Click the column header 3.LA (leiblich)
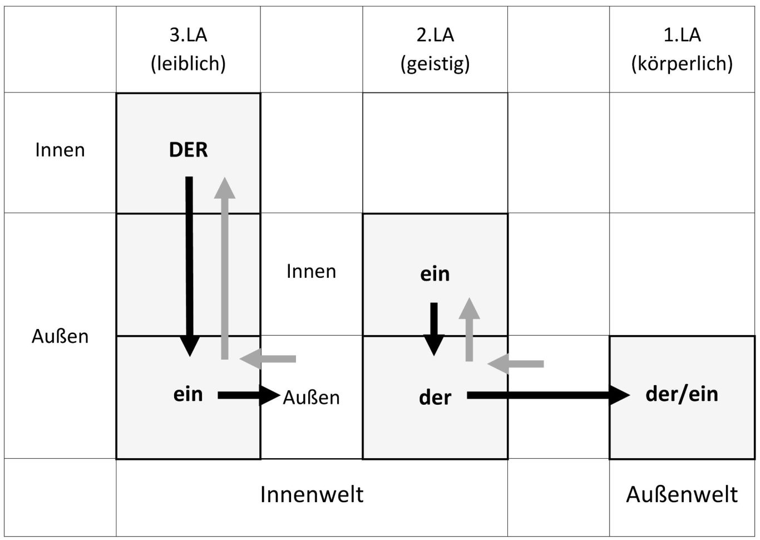click(188, 49)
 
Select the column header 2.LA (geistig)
click(435, 49)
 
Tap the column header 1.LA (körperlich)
click(682, 49)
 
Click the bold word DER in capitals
click(188, 150)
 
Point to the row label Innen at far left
click(60, 150)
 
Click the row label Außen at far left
click(60, 336)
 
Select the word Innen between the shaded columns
click(311, 271)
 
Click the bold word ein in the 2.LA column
click(435, 274)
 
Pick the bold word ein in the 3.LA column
click(188, 394)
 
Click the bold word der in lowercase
click(435, 397)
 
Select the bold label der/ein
click(682, 394)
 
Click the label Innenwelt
click(312, 494)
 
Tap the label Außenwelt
click(682, 494)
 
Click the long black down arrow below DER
click(189, 267)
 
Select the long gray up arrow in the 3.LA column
click(225, 268)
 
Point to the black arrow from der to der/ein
click(549, 395)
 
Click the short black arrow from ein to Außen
click(249, 395)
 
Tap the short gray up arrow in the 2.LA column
click(469, 329)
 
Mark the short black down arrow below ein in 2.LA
click(434, 329)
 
